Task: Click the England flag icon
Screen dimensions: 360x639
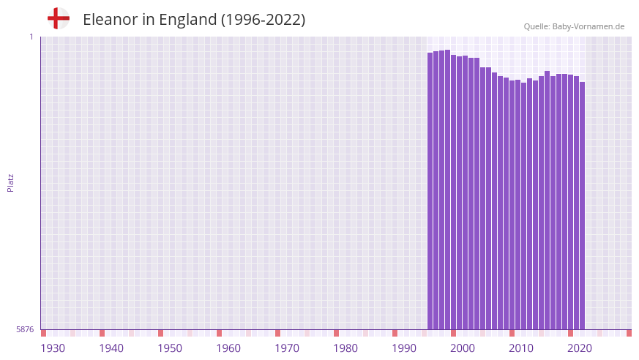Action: [x=58, y=19]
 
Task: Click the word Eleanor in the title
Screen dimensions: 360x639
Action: [x=109, y=20]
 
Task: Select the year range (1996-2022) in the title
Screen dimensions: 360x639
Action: [x=263, y=20]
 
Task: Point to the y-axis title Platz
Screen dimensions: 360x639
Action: [x=10, y=182]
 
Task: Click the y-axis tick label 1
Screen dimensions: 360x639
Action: [x=31, y=37]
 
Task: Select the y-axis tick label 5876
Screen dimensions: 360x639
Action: [x=25, y=329]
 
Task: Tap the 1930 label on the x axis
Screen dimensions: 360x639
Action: [x=53, y=348]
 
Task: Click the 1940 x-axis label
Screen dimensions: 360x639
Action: [x=111, y=348]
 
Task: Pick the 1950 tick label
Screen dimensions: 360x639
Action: [x=170, y=348]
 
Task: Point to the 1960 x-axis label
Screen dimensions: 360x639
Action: [x=228, y=348]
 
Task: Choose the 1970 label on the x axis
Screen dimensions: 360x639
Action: [x=287, y=348]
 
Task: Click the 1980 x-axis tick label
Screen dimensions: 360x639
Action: [x=345, y=348]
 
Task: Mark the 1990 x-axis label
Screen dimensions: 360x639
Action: [x=404, y=348]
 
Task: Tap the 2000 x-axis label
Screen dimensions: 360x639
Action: [x=463, y=348]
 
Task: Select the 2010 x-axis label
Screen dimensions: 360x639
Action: [x=521, y=348]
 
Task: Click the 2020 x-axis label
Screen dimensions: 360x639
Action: [x=580, y=348]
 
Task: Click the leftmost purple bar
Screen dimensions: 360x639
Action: [x=430, y=190]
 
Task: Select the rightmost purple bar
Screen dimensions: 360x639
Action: [x=583, y=205]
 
